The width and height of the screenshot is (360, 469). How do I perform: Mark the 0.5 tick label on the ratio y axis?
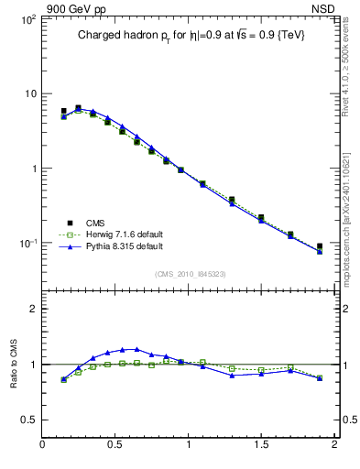pos(27,420)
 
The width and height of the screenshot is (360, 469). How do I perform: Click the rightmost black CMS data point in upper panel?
pos(320,246)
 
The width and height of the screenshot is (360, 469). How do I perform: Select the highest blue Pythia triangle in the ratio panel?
pos(136,349)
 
